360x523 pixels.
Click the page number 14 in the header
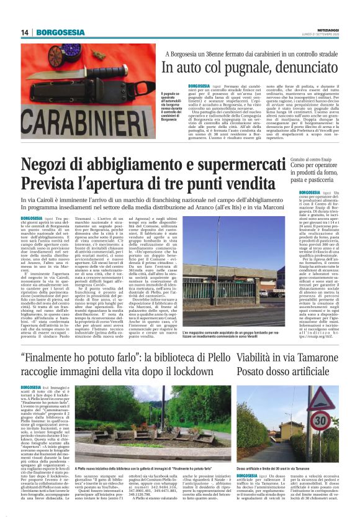click(x=24, y=32)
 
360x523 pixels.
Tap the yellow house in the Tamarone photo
click(x=291, y=429)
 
